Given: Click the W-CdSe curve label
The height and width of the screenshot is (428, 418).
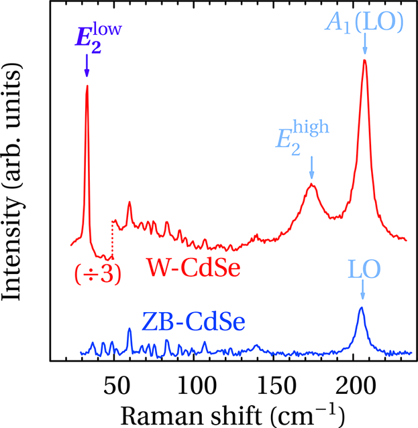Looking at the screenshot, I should point(194,269).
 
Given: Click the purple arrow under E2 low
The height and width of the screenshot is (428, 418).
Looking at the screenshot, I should point(87,67).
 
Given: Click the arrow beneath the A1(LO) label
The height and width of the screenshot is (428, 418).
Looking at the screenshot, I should point(364,44).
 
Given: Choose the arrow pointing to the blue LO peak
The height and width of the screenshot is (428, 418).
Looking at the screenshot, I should point(362,290).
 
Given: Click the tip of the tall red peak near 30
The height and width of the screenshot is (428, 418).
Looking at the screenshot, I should point(87,86).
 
